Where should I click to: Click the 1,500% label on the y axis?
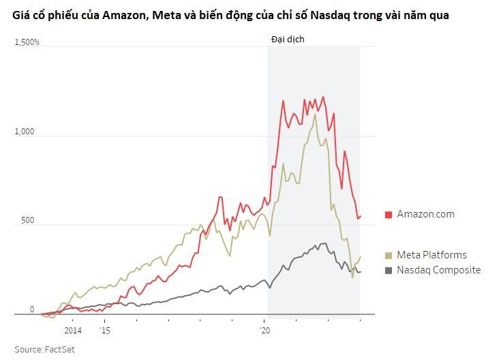click(27, 42)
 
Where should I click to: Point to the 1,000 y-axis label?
click(25, 132)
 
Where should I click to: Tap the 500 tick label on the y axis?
click(27, 220)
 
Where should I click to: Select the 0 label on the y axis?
click(32, 309)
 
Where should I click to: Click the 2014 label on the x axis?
click(73, 330)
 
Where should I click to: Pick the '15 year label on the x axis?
click(105, 330)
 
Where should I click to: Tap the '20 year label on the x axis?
click(264, 330)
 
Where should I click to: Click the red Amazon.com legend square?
click(389, 215)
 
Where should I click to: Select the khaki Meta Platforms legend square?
click(389, 256)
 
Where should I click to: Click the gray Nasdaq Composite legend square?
click(389, 271)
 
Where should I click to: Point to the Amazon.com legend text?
click(425, 214)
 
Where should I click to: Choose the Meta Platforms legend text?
click(431, 255)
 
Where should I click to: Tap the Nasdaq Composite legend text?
click(439, 270)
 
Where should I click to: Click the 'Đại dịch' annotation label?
click(288, 40)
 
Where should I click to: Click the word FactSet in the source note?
click(60, 349)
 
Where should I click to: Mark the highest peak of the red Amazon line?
click(323, 97)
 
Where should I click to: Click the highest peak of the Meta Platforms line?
click(316, 114)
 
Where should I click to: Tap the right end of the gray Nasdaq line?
click(361, 272)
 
